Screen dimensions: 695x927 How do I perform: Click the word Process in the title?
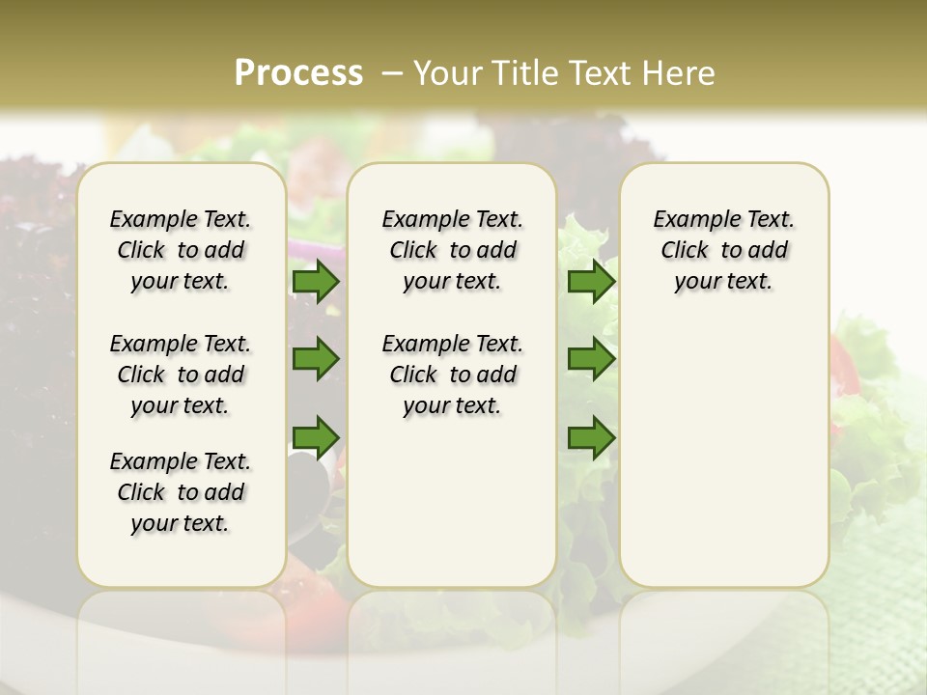298,73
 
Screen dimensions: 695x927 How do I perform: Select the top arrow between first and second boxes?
316,282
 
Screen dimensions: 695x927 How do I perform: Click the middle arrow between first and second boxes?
316,359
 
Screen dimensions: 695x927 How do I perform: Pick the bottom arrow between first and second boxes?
316,436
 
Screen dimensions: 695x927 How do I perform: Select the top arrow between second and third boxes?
591,282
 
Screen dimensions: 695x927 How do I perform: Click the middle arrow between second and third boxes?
591,359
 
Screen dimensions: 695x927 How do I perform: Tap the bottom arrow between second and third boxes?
591,436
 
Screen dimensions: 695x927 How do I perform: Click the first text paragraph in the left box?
181,250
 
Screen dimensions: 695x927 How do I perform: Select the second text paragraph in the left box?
181,375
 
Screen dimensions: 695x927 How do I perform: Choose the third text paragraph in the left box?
181,492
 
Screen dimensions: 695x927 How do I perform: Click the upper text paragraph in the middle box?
452,250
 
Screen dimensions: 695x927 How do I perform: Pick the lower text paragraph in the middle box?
452,375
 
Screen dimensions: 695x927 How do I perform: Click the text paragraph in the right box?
723,250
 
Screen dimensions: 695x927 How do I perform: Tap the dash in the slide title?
392,73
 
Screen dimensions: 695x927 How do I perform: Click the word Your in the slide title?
448,73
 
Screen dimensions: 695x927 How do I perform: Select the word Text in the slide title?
603,73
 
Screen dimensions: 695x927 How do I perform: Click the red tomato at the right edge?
844,362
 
